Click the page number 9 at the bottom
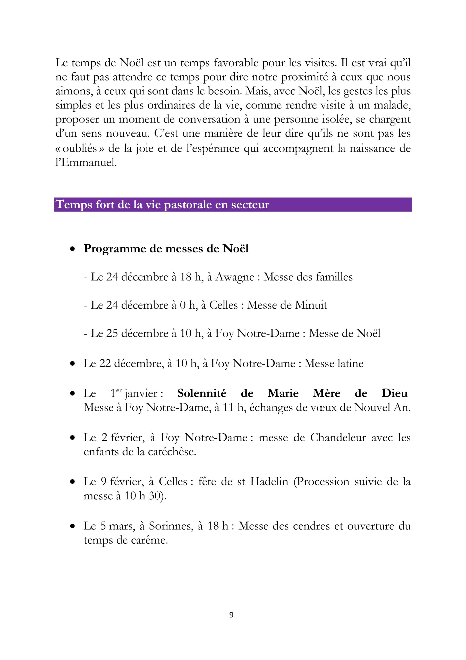(232, 615)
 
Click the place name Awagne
(235, 277)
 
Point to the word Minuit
(311, 305)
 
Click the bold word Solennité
(202, 393)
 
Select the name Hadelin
(269, 482)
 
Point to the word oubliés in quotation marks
(80, 148)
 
